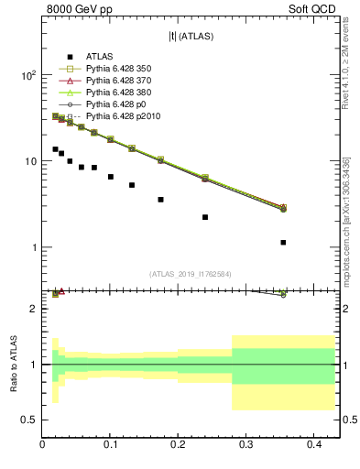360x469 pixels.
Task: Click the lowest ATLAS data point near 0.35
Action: tap(283, 243)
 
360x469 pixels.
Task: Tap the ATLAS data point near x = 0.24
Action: tap(205, 217)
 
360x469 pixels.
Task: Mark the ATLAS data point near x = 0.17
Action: tap(160, 199)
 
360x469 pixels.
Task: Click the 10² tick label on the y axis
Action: tap(27, 75)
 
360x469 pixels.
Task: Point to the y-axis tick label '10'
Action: tap(29, 161)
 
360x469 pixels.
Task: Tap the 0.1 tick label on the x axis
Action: tap(111, 444)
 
